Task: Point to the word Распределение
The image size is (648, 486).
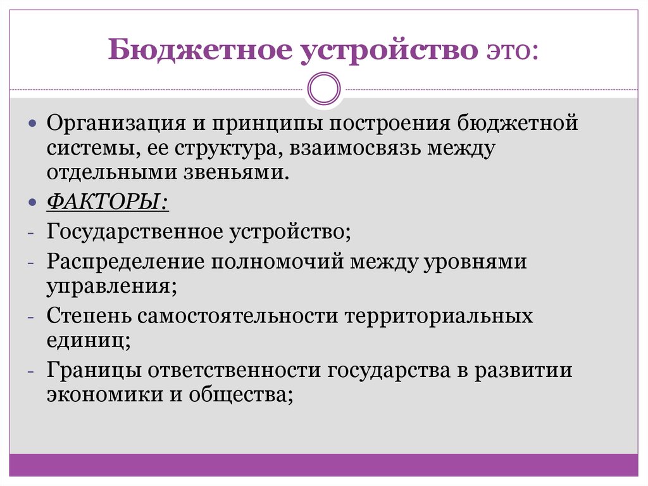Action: pos(121,261)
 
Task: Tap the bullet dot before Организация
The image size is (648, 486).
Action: pos(34,122)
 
